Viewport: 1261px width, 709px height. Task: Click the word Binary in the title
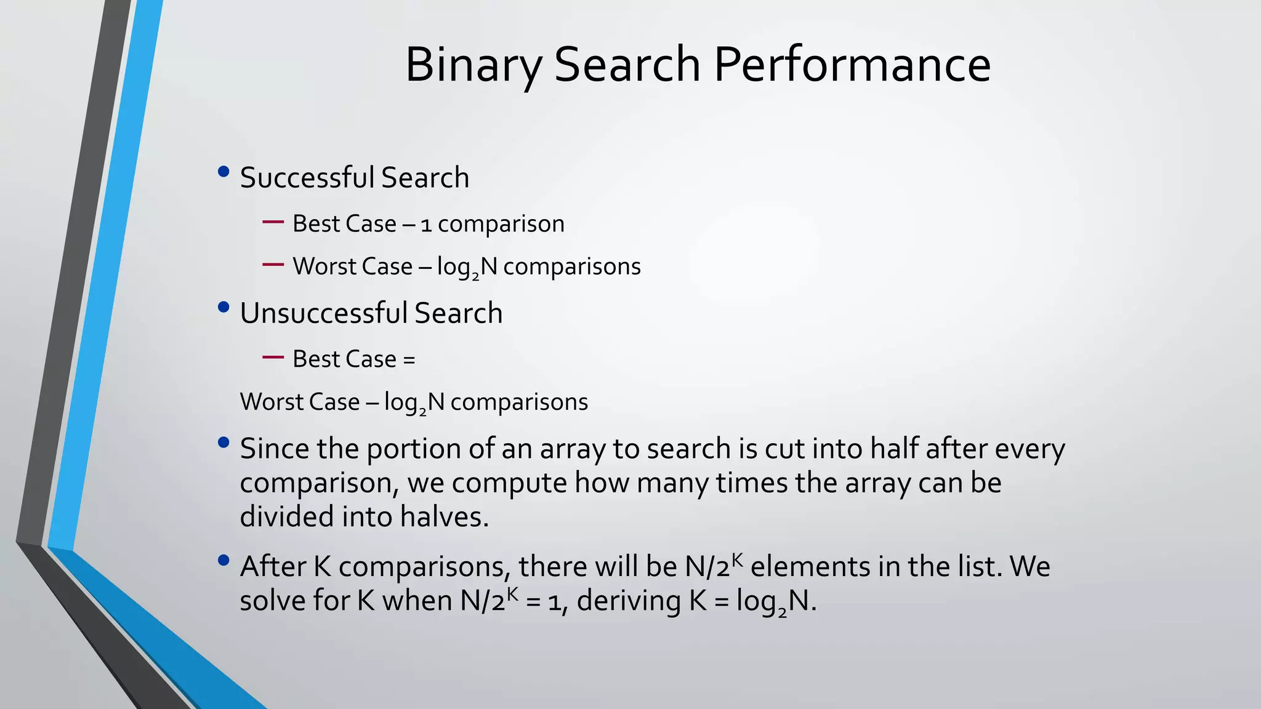tap(473, 65)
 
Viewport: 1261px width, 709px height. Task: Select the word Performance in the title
tap(852, 65)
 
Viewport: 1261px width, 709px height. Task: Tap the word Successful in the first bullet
tap(307, 178)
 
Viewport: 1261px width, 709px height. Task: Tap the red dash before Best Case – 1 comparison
tap(273, 222)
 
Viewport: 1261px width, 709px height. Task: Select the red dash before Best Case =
tap(273, 357)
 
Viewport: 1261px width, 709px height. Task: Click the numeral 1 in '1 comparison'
tap(425, 225)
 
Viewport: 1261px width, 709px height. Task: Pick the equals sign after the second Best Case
tap(409, 359)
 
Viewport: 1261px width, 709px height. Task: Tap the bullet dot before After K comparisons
tap(224, 560)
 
